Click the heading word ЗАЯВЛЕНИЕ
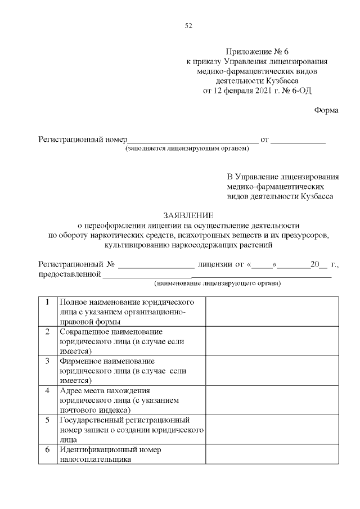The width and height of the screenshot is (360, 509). [x=188, y=215]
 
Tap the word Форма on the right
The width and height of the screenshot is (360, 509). [x=326, y=110]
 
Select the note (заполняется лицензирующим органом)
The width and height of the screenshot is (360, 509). [x=187, y=148]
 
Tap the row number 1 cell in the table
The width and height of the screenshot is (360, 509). [x=48, y=302]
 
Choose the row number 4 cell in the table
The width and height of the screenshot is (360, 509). [x=48, y=390]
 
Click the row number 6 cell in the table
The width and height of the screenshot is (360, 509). [x=48, y=449]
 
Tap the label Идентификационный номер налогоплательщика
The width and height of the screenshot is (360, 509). [x=110, y=454]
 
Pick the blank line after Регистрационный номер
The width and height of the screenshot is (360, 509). [x=193, y=139]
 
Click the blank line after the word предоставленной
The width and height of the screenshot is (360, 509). [x=217, y=274]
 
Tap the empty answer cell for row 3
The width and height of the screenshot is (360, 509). [x=272, y=370]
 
